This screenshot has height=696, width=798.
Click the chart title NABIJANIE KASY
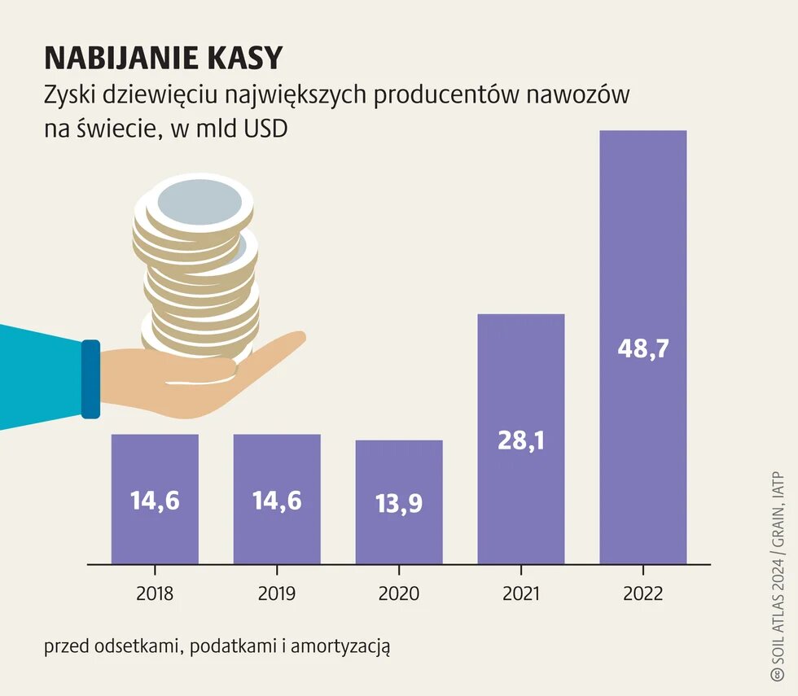coord(163,58)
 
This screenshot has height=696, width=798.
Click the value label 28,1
coord(521,441)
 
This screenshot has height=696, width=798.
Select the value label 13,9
coord(399,504)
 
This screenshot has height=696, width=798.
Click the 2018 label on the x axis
coord(155,593)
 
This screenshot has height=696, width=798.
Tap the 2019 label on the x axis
coord(277,593)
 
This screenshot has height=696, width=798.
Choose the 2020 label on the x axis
coord(399,593)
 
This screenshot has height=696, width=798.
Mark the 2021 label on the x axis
coord(521,593)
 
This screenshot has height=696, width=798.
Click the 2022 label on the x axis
coord(643,593)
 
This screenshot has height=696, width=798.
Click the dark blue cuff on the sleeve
coord(90,379)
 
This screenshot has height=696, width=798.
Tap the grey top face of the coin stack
coord(199,204)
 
